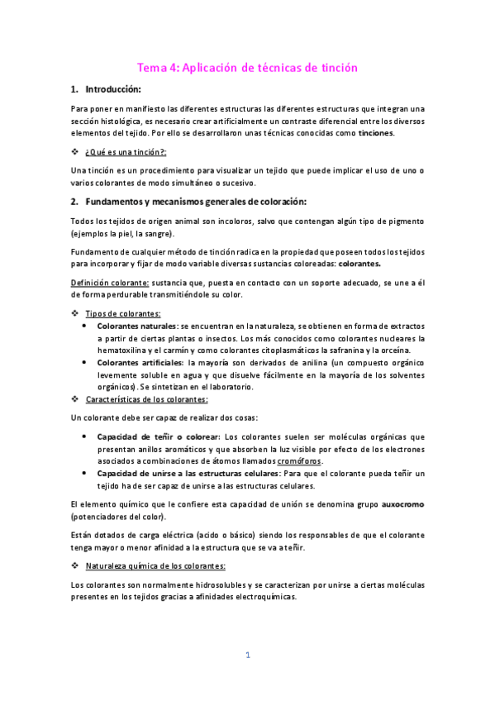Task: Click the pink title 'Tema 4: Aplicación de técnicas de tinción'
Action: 247,68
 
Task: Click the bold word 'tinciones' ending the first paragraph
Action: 375,133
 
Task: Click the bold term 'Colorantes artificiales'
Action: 140,362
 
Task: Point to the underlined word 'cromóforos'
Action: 299,460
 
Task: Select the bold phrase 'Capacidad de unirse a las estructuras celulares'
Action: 188,473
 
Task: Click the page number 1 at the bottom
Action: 247,656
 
